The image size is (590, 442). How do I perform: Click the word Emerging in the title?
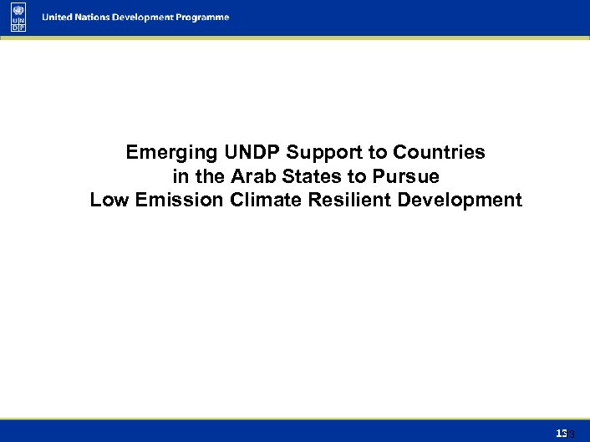[x=171, y=153]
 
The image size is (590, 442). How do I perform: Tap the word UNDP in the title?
[x=252, y=153]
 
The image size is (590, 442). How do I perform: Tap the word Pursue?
[x=404, y=177]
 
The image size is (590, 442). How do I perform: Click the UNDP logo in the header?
[x=19, y=17]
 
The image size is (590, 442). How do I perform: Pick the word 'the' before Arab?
[x=210, y=177]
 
